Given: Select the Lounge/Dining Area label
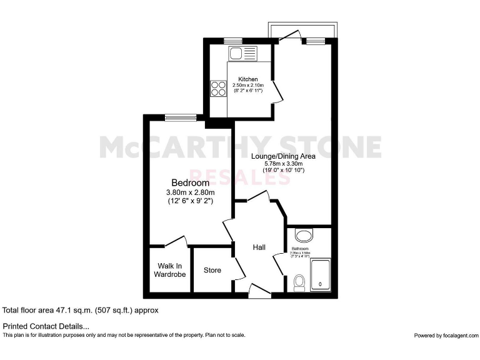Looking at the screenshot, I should [x=283, y=156].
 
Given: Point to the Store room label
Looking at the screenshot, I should [x=212, y=271].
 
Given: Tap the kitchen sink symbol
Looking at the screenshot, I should [x=242, y=53].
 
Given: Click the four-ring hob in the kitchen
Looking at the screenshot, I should [x=219, y=89].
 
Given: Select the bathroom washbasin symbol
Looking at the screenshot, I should [x=305, y=236].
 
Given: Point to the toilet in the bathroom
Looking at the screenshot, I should [x=299, y=282].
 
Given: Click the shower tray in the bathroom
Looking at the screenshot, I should [x=320, y=275].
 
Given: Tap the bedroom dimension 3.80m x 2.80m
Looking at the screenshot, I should [x=190, y=192].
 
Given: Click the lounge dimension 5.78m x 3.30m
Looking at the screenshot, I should [x=283, y=164].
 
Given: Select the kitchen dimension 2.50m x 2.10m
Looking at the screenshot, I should [x=248, y=85].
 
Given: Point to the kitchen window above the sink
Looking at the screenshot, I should [x=233, y=41].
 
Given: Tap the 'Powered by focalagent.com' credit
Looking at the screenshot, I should [x=445, y=336].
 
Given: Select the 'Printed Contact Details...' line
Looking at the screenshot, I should [x=46, y=326].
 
